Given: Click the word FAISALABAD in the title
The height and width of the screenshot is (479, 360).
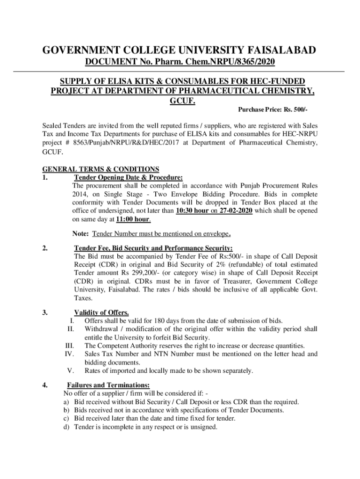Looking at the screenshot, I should [278, 50].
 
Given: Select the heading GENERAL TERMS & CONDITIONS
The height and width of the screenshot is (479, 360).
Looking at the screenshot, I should [101, 169].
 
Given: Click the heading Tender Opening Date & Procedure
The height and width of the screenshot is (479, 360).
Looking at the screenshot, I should [128, 177].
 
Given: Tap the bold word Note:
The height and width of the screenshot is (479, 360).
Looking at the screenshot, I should [81, 233].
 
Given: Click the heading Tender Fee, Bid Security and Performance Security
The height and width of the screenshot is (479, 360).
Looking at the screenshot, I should [153, 248].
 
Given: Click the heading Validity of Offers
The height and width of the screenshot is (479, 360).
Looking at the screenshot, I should [101, 312].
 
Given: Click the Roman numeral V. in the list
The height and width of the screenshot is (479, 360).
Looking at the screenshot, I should [72, 371].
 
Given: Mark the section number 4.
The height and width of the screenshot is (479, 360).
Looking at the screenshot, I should [44, 385].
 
